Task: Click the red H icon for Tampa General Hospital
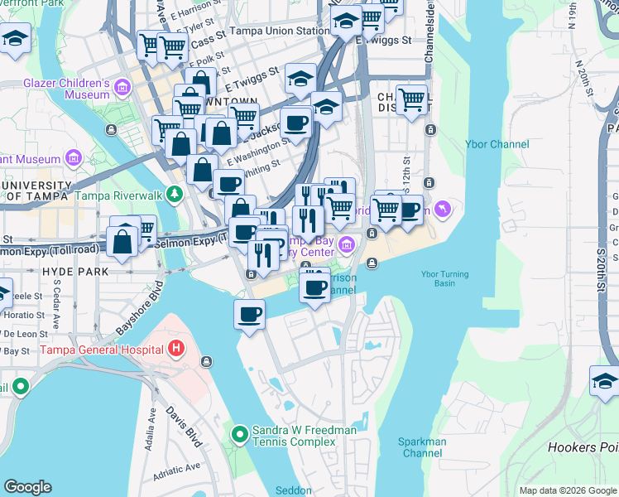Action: (x=175, y=350)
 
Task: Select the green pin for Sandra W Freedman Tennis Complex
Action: (x=239, y=434)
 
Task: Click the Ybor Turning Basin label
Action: (x=444, y=280)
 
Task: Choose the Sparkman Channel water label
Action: (x=422, y=447)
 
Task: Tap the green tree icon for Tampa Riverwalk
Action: (x=174, y=195)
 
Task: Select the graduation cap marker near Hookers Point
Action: (x=605, y=381)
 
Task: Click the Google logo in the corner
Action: (x=28, y=487)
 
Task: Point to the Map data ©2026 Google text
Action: (x=567, y=490)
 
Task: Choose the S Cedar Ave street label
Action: (x=57, y=299)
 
